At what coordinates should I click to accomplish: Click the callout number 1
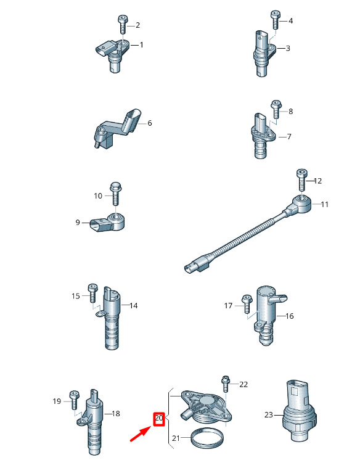point(141,45)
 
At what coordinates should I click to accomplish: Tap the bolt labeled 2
point(122,25)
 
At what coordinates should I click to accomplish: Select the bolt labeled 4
point(275,20)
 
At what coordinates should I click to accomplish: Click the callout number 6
point(149,123)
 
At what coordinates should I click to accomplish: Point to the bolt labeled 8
point(276,109)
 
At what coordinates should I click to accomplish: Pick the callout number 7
point(289,137)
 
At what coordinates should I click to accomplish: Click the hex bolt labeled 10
point(116,194)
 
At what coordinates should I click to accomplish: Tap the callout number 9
point(78,223)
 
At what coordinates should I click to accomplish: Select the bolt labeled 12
point(302,181)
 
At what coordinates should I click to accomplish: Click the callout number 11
point(324,204)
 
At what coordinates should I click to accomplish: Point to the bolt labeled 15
point(92,293)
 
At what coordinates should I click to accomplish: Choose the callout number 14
point(134,306)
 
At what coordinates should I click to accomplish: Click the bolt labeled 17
point(247,304)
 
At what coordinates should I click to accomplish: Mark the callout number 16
point(289,316)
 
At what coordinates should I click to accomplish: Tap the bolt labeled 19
point(74,400)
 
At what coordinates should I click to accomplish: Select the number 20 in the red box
point(158,417)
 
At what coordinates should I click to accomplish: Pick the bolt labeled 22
point(226,384)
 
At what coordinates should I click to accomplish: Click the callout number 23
point(269,415)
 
